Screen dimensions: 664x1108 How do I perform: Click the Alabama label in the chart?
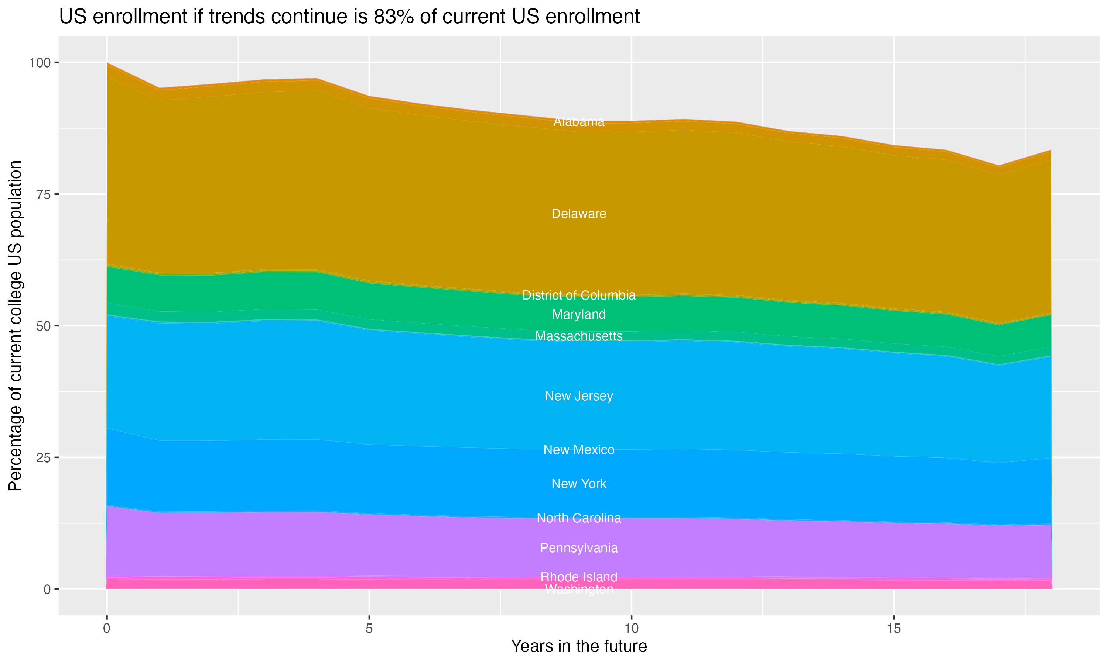pyautogui.click(x=579, y=122)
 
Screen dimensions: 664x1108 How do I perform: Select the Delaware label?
pyautogui.click(x=579, y=214)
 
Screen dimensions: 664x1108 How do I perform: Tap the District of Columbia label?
pyautogui.click(x=579, y=295)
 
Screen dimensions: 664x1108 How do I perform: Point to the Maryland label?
pyautogui.click(x=579, y=315)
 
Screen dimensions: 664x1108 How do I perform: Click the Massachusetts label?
pyautogui.click(x=579, y=336)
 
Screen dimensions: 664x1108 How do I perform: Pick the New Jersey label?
pyautogui.click(x=579, y=396)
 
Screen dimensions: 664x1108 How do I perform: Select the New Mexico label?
pyautogui.click(x=579, y=450)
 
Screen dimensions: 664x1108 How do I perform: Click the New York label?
pyautogui.click(x=579, y=484)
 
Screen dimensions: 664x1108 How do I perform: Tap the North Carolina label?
pyautogui.click(x=579, y=518)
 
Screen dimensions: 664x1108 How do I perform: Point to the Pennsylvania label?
pyautogui.click(x=579, y=548)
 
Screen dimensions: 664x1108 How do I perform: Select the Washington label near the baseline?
pyautogui.click(x=579, y=590)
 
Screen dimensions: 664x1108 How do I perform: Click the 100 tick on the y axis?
pyautogui.click(x=40, y=63)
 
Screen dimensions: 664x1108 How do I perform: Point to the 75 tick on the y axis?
pyautogui.click(x=44, y=194)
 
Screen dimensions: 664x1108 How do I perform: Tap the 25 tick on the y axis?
pyautogui.click(x=44, y=458)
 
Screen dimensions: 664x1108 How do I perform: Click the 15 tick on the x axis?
pyautogui.click(x=893, y=629)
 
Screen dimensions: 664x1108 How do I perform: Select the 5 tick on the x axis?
pyautogui.click(x=369, y=629)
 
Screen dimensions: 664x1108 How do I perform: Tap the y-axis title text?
pyautogui.click(x=15, y=326)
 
